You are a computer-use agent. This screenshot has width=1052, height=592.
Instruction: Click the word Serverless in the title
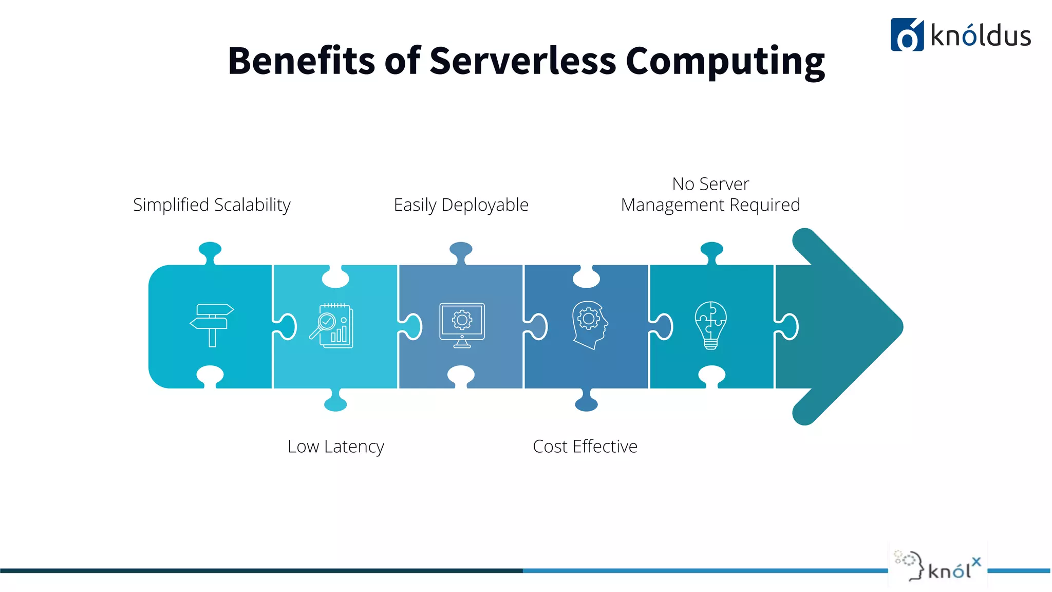tap(522, 61)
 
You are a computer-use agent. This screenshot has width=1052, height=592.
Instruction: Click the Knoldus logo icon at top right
tap(907, 35)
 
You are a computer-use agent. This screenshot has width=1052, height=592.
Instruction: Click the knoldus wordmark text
tap(980, 36)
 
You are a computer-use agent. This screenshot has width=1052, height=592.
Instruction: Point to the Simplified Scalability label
tap(212, 205)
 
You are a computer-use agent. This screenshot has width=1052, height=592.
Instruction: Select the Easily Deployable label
tap(461, 205)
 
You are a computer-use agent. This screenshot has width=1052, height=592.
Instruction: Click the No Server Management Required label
tap(710, 194)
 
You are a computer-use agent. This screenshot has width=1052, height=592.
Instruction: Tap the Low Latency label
tap(335, 446)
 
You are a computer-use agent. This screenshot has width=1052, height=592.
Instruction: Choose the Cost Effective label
tap(585, 446)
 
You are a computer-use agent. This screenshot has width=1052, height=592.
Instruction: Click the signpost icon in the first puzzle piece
tap(212, 325)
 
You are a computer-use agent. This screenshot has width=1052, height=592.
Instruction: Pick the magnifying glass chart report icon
tap(331, 326)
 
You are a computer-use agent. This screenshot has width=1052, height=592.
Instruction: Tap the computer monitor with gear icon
tap(462, 325)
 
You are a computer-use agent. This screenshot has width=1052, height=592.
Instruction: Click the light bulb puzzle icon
tap(711, 325)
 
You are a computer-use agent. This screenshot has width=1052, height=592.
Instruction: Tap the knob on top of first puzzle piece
tap(210, 250)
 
